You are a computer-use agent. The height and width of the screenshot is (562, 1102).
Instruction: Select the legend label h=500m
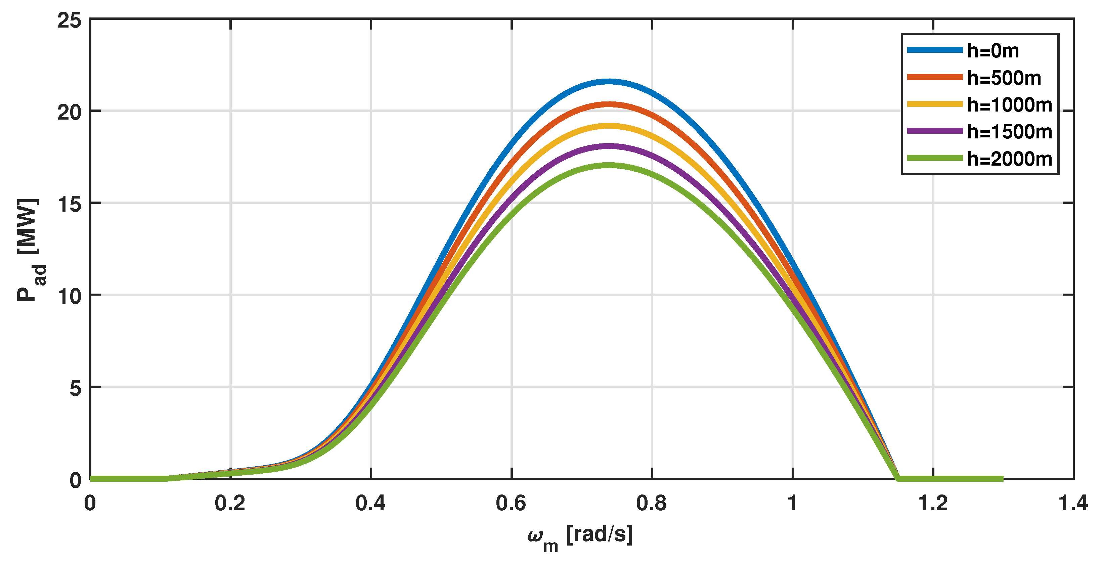1004,78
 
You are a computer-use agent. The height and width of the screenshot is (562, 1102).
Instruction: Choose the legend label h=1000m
1009,105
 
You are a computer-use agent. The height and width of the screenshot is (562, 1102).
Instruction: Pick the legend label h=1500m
1009,132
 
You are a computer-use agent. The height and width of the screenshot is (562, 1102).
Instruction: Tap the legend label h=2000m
1009,159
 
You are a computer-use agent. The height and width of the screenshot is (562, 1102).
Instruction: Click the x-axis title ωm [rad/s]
580,537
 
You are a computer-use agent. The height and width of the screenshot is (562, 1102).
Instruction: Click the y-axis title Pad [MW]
30,250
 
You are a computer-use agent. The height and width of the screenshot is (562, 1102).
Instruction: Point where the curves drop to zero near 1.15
897,478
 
